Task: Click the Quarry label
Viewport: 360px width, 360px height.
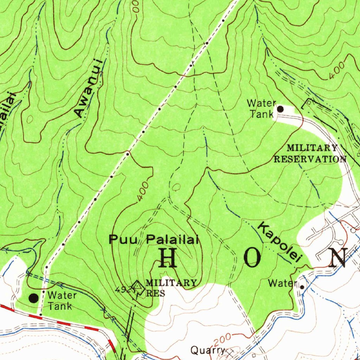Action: pyautogui.click(x=207, y=350)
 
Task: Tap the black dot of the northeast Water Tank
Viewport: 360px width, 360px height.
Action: pyautogui.click(x=280, y=109)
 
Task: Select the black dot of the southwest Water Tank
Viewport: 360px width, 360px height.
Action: pyautogui.click(x=33, y=298)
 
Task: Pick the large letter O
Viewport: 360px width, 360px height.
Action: pyautogui.click(x=252, y=259)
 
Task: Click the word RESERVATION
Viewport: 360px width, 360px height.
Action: pyautogui.click(x=310, y=159)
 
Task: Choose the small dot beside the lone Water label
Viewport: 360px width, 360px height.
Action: pyautogui.click(x=302, y=287)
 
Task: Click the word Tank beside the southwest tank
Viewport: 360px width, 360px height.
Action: pyautogui.click(x=60, y=306)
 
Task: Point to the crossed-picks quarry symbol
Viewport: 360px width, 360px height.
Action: pyautogui.click(x=230, y=351)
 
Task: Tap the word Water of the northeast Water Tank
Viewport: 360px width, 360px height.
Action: pyautogui.click(x=261, y=103)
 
